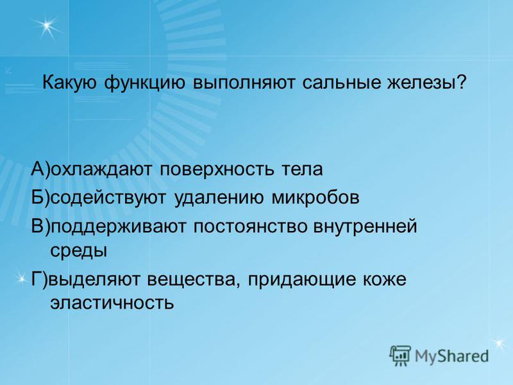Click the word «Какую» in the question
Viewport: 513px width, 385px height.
[70, 83]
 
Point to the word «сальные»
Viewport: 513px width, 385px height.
[341, 83]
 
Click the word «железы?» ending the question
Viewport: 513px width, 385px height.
[426, 83]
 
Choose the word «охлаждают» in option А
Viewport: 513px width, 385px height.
[102, 170]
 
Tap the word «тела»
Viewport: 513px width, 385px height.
[302, 170]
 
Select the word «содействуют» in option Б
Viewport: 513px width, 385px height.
[108, 198]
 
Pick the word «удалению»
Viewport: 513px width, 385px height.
[219, 198]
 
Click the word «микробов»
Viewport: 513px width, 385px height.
[315, 198]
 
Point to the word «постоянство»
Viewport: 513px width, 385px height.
[250, 227]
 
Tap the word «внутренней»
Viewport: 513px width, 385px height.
[366, 227]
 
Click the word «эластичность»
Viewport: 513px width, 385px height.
[112, 303]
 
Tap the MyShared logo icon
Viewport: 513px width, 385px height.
[400, 355]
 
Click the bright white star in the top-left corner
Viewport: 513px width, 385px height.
[47, 26]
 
